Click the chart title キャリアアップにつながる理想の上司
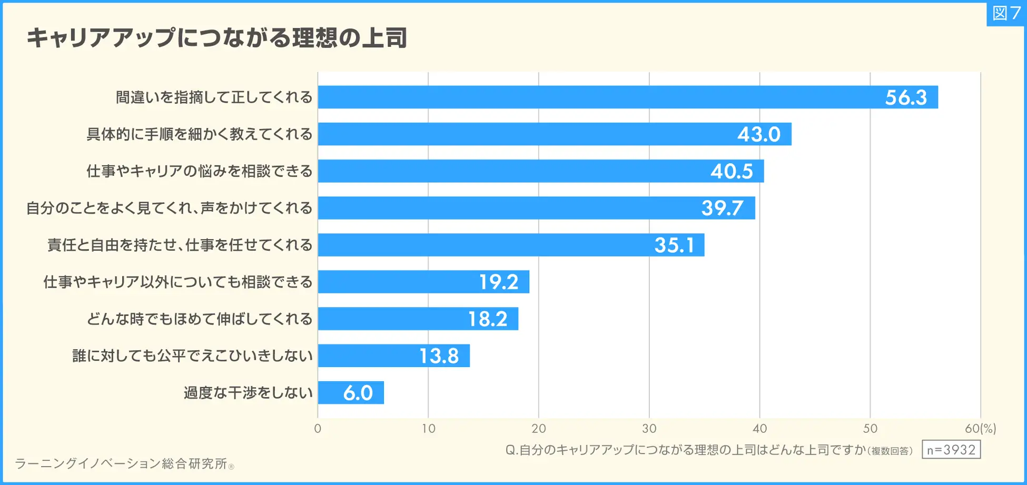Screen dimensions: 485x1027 216,38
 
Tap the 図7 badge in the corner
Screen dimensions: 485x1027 1006,13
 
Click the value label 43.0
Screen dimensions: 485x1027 758,134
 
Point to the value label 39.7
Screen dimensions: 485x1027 722,208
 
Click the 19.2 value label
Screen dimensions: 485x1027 498,282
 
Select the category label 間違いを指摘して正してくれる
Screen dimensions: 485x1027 214,97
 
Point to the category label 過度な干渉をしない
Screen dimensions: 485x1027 248,393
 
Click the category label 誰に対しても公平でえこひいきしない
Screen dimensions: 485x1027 192,356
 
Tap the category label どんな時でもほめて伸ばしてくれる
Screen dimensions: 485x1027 200,319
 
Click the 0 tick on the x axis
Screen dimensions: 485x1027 318,429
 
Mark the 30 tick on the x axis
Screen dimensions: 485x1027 649,429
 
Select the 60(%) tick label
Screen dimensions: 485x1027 980,429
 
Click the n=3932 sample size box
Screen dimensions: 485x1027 951,450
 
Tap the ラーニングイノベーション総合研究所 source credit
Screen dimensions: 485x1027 121,463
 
